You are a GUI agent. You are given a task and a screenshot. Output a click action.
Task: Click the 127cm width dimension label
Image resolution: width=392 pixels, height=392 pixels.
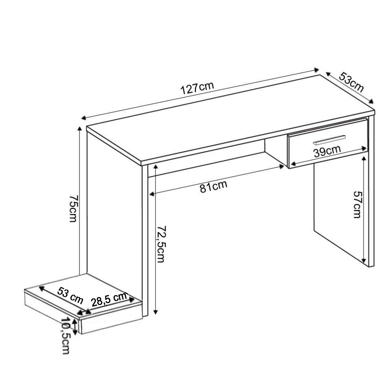click(x=197, y=88)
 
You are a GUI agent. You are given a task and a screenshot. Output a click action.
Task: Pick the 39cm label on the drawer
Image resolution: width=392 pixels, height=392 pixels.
click(x=327, y=151)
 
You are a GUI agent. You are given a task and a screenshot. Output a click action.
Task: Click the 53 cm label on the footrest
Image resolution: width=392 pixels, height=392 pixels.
click(x=70, y=295)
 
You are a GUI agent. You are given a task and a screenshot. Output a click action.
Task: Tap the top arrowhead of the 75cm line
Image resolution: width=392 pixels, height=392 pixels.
click(x=79, y=129)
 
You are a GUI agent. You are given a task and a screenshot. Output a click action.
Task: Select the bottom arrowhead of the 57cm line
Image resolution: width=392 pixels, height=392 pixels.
click(x=364, y=261)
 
